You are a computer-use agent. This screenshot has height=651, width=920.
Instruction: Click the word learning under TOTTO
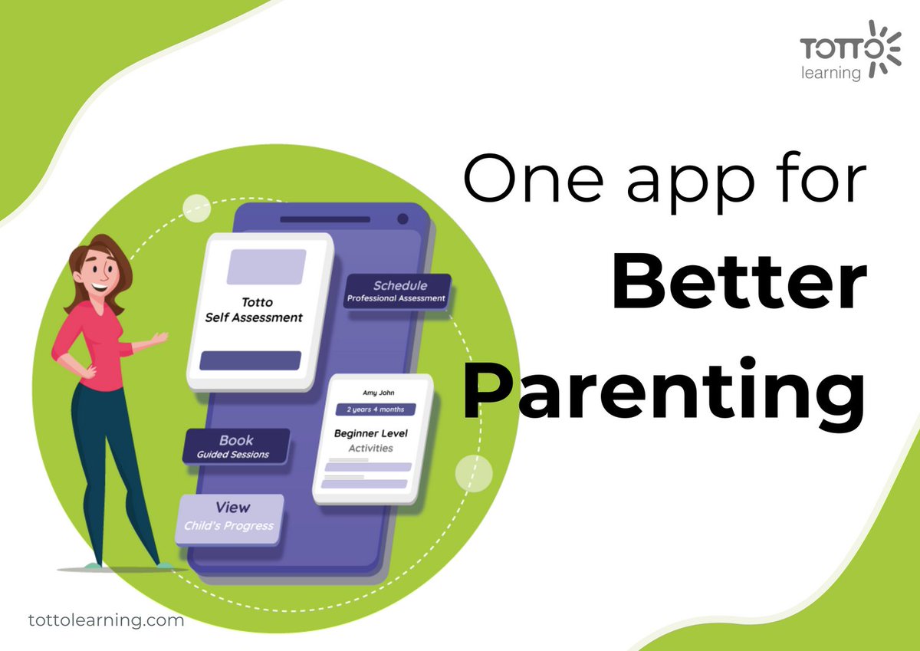click(832, 74)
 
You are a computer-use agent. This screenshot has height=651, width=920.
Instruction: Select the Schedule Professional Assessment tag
click(396, 291)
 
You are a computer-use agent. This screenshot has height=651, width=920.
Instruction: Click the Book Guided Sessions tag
click(236, 446)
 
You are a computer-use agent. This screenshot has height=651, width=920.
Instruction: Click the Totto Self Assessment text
click(254, 311)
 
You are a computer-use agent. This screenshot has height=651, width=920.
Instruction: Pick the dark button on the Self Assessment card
click(250, 361)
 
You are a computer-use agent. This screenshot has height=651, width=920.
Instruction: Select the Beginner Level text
click(370, 433)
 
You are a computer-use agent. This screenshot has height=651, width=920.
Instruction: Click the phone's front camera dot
click(402, 220)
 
